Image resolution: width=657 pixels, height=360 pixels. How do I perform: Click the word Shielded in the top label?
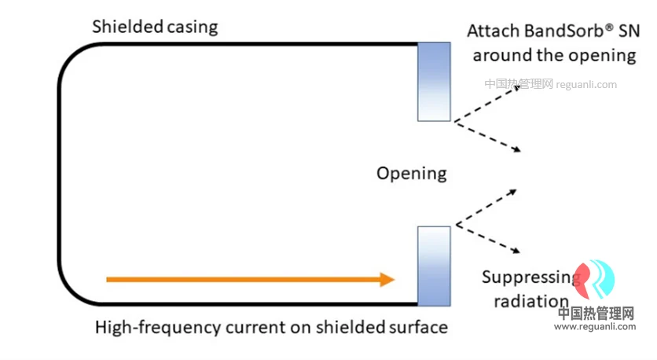pyautogui.click(x=127, y=27)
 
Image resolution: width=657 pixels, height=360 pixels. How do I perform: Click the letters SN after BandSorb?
pyautogui.click(x=629, y=31)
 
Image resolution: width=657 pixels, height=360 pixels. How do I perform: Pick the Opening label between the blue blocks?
pyautogui.click(x=412, y=174)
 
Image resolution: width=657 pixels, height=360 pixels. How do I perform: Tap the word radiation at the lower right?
pyautogui.click(x=531, y=301)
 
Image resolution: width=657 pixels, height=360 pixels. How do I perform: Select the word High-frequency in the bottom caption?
pyautogui.click(x=158, y=328)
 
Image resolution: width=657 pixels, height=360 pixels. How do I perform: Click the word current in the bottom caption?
pyautogui.click(x=255, y=328)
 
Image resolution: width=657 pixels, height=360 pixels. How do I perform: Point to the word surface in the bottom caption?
pyautogui.click(x=419, y=327)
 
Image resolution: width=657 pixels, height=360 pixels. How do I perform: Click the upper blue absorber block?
pyautogui.click(x=434, y=82)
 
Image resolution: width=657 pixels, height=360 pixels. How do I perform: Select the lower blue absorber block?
pyautogui.click(x=434, y=266)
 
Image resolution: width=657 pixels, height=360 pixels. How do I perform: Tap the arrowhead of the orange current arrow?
pyautogui.click(x=387, y=280)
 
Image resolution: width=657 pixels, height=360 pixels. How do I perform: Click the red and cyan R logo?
pyautogui.click(x=594, y=279)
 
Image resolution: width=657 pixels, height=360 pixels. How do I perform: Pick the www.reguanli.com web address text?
pyautogui.click(x=595, y=326)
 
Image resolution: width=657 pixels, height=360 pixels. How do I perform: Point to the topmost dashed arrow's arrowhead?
pyautogui.click(x=516, y=87)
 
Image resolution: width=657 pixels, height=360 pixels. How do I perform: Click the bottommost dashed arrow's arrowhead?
pyautogui.click(x=516, y=251)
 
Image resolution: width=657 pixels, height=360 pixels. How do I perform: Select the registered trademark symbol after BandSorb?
pyautogui.click(x=609, y=28)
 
